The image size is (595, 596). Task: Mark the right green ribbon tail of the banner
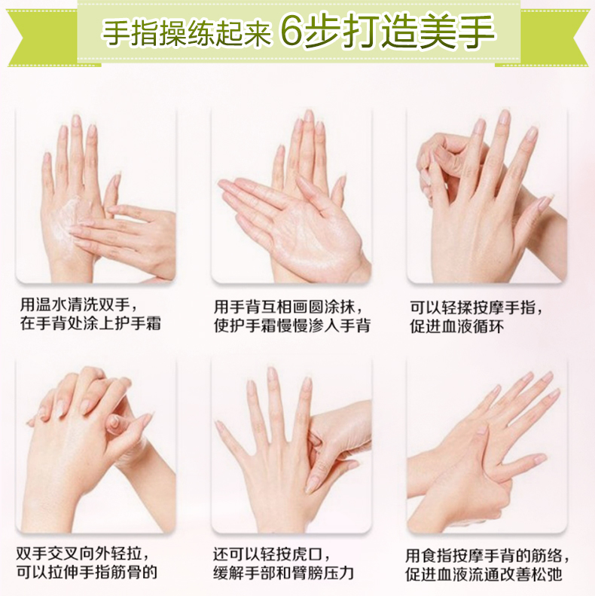(556, 37)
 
